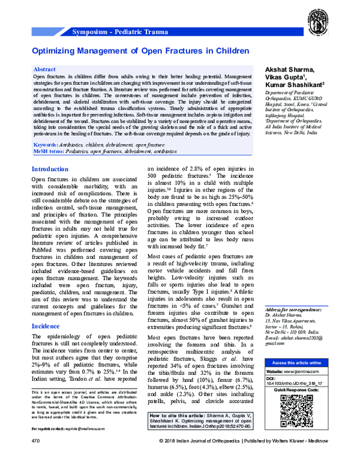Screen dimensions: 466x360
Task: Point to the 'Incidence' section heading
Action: (46, 326)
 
